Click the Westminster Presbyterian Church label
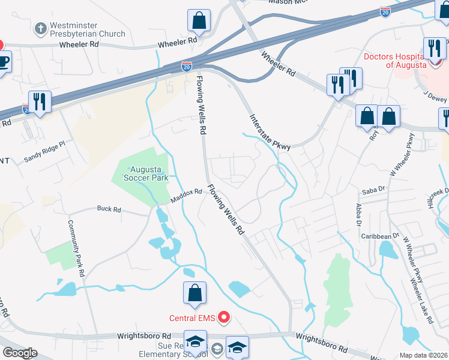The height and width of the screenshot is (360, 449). [x=88, y=29]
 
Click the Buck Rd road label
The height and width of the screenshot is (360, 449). [x=109, y=210]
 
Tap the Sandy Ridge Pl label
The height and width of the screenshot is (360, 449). [x=44, y=155]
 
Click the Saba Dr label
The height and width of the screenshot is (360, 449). [x=372, y=191]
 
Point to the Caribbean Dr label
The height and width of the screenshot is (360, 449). [x=379, y=236]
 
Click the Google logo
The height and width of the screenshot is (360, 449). [x=19, y=352]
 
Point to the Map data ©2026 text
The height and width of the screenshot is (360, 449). [x=423, y=355]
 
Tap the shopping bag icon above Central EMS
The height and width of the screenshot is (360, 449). [x=195, y=293]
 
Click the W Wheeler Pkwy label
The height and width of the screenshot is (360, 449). [x=402, y=155]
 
